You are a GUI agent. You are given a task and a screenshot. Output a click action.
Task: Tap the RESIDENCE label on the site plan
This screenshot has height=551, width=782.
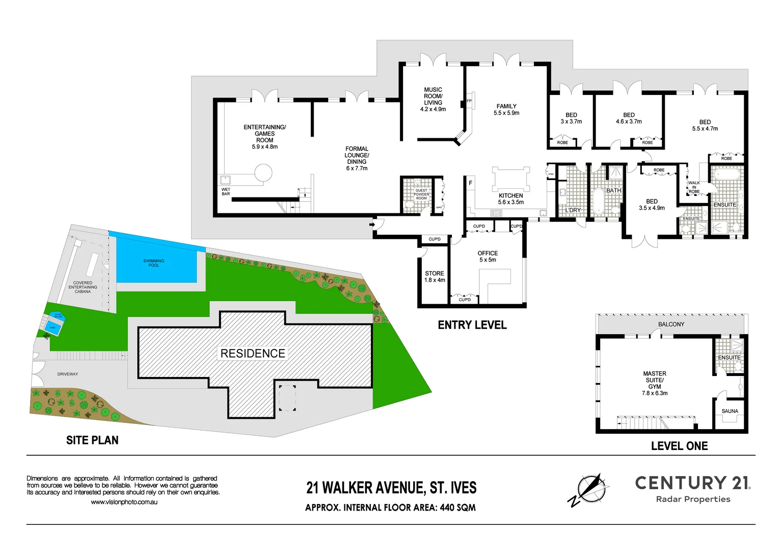(x=253, y=354)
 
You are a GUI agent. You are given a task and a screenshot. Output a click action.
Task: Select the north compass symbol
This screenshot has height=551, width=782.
(x=589, y=489)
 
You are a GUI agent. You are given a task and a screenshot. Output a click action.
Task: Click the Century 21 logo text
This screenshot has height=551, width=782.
(x=692, y=483)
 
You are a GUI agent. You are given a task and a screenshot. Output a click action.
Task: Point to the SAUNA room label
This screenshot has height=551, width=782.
(x=730, y=411)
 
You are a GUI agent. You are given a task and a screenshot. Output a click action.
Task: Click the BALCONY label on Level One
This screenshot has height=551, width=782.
(x=671, y=324)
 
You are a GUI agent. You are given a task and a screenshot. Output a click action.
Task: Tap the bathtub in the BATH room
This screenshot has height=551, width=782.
(x=598, y=202)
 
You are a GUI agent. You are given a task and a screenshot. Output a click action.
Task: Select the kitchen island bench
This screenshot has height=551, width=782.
(x=510, y=179)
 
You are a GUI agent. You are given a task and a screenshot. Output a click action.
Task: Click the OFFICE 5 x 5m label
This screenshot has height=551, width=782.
(x=488, y=257)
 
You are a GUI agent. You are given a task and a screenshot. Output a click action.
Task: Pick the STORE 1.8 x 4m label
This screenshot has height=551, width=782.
(x=435, y=277)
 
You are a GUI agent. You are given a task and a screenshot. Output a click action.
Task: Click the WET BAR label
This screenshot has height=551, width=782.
(x=226, y=192)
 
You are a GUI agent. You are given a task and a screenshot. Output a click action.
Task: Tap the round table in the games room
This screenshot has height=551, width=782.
(x=263, y=172)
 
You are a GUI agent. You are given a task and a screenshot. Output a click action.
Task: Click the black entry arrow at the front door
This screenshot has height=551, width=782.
(x=373, y=224)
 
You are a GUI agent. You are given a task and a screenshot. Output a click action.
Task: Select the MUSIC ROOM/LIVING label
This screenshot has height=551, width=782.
(x=433, y=99)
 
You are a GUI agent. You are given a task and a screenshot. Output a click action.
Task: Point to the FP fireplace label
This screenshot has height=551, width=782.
(x=469, y=101)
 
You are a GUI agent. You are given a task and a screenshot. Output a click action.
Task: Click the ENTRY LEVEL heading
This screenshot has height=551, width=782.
(x=472, y=325)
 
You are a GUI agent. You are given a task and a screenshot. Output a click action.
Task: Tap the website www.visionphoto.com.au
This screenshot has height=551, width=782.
(x=124, y=502)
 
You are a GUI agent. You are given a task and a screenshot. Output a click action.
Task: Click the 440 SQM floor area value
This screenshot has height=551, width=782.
(x=457, y=508)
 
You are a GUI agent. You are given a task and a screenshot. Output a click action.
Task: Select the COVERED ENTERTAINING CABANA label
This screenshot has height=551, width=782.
(x=83, y=287)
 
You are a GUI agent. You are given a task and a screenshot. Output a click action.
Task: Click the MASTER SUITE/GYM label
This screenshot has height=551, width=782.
(x=655, y=383)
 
